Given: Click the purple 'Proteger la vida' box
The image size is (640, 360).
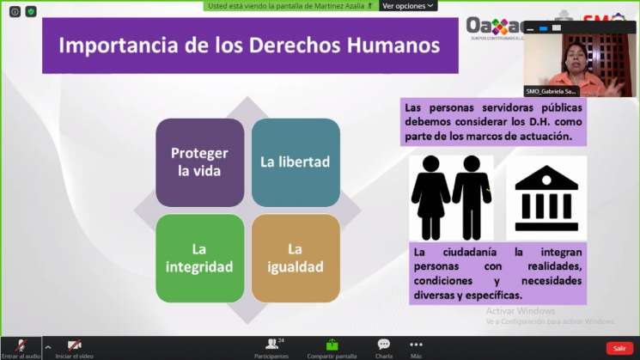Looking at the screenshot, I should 199,162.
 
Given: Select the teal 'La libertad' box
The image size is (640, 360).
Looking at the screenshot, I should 296,162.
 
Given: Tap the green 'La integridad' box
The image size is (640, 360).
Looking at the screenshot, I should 199,258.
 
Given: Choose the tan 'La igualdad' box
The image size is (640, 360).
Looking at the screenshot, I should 296,258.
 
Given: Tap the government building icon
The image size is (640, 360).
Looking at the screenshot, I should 546,198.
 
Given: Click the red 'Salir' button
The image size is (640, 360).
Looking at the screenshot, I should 619,348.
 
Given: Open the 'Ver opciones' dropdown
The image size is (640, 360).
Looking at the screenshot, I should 408,5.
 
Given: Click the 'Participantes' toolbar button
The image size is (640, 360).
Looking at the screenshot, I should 271,347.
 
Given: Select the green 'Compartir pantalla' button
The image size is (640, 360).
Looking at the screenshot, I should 332,347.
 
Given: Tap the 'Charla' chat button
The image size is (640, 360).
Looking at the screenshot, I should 383,347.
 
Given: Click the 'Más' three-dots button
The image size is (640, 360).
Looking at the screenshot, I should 416,347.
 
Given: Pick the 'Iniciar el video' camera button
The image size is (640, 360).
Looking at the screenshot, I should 75,347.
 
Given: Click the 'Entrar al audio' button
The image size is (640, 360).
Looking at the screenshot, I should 21,347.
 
